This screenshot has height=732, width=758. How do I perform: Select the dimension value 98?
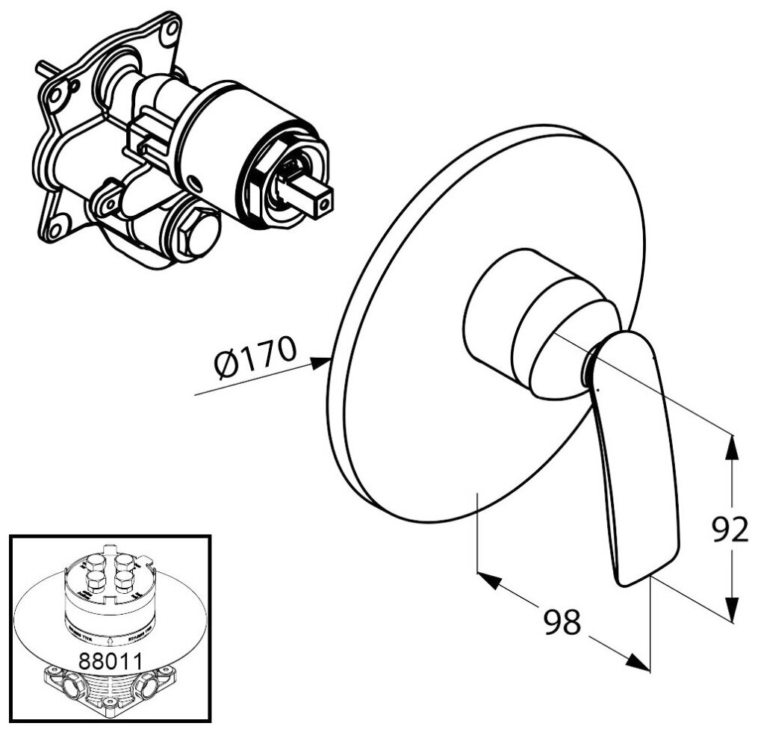click(x=561, y=621)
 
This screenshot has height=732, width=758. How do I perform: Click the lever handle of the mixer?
click(x=635, y=463)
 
